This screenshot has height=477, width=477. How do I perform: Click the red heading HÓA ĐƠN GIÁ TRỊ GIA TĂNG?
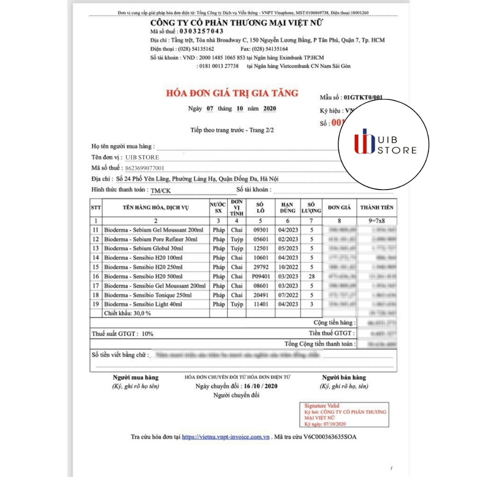(x=232, y=93)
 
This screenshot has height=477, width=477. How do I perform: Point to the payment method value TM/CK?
(x=161, y=190)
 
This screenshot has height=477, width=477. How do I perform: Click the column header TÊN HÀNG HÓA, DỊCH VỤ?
(x=156, y=207)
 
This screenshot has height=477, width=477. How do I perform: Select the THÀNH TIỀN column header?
(x=377, y=207)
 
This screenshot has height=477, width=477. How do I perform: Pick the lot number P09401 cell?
(x=261, y=276)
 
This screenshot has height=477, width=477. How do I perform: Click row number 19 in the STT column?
(x=95, y=304)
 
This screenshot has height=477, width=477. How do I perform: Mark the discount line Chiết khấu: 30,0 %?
(x=128, y=313)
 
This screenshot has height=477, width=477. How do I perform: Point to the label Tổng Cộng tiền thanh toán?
(x=320, y=344)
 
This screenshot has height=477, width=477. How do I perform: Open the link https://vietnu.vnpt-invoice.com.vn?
(x=226, y=437)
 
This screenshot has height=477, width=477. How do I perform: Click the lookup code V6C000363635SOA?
(x=330, y=437)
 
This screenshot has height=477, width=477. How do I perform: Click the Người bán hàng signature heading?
(x=344, y=377)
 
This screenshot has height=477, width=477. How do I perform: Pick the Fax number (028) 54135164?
(x=271, y=48)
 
